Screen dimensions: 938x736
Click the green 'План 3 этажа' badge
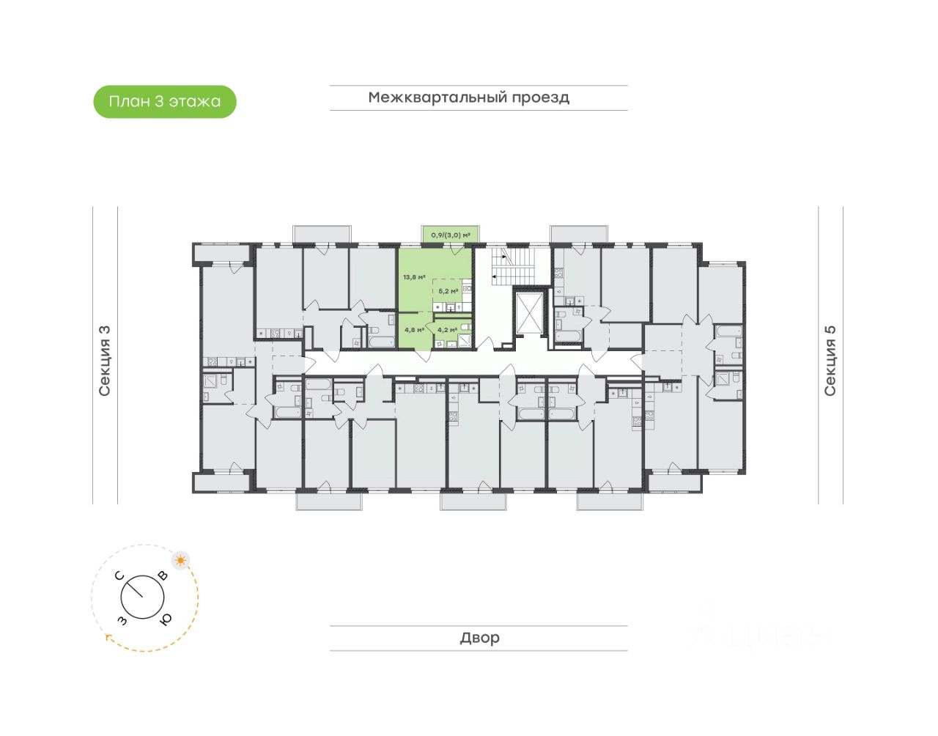[165, 102]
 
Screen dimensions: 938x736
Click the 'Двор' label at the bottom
[479, 638]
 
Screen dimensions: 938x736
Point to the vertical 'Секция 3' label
[104, 361]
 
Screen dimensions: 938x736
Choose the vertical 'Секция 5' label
[830, 361]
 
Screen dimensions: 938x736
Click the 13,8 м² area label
[414, 278]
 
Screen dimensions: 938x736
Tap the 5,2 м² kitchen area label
[448, 291]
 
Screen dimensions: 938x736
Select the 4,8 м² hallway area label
[414, 330]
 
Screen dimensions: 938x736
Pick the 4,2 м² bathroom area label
[447, 330]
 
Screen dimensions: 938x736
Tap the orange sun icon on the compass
[180, 561]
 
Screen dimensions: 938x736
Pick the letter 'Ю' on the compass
[166, 619]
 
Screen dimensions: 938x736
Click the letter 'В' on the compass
[163, 576]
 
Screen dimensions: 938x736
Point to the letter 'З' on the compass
[122, 621]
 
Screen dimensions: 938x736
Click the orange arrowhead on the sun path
[109, 638]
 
